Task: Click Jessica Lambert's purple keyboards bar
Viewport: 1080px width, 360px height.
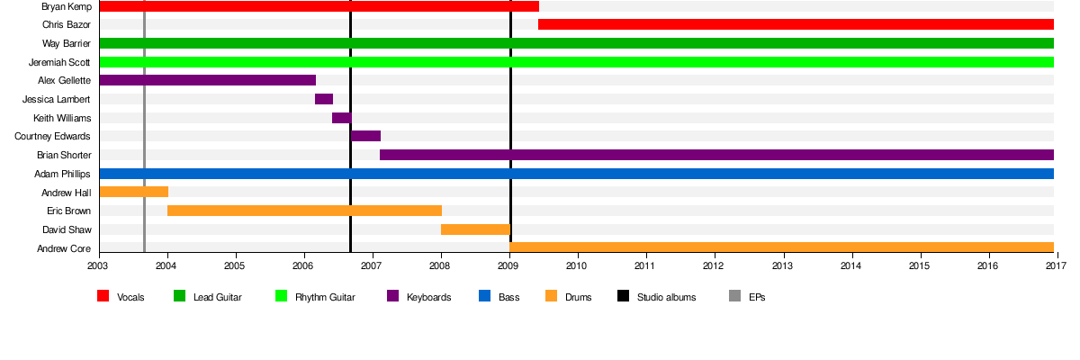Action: pyautogui.click(x=324, y=99)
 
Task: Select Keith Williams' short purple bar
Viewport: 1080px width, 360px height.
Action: pyautogui.click(x=341, y=118)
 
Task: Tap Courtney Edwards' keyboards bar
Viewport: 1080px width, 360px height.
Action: pyautogui.click(x=365, y=136)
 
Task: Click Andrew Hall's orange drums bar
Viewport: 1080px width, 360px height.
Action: pyautogui.click(x=133, y=192)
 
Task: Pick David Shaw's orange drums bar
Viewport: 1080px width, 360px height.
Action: pyautogui.click(x=475, y=229)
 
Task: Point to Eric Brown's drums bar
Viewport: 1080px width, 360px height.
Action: pyautogui.click(x=304, y=211)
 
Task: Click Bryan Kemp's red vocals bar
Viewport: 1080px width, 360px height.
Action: pyautogui.click(x=319, y=6)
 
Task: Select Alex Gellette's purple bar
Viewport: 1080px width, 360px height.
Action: pyautogui.click(x=207, y=80)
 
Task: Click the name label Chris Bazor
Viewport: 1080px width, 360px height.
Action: pyautogui.click(x=66, y=24)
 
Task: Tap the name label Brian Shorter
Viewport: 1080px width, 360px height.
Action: pyautogui.click(x=63, y=155)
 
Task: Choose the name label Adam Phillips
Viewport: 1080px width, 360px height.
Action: pyautogui.click(x=62, y=174)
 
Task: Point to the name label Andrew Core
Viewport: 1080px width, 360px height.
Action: pyautogui.click(x=63, y=248)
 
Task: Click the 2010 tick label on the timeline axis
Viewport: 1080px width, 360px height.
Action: pyautogui.click(x=577, y=266)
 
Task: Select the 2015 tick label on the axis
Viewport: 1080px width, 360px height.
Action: pyautogui.click(x=919, y=266)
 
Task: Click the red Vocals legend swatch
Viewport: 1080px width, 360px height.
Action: pyautogui.click(x=103, y=296)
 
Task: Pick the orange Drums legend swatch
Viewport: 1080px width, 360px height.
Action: pyautogui.click(x=551, y=296)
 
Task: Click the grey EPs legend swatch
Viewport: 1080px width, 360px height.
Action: pyautogui.click(x=734, y=296)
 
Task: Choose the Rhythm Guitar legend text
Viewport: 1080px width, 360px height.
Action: pyautogui.click(x=325, y=297)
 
